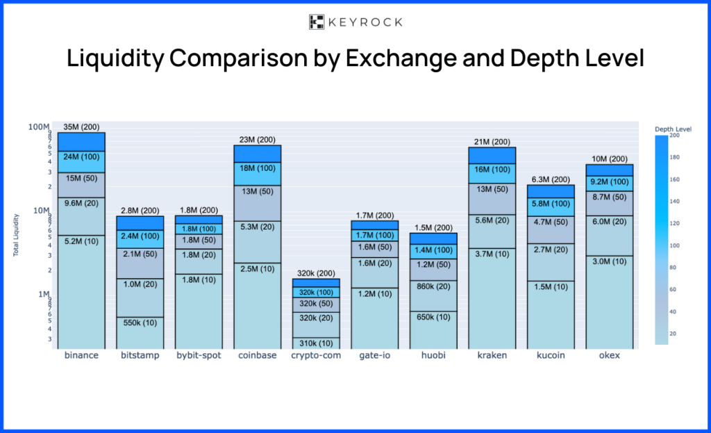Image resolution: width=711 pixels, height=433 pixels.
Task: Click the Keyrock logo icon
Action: [x=317, y=22]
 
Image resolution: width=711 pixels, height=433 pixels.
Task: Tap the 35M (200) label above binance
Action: [x=81, y=126]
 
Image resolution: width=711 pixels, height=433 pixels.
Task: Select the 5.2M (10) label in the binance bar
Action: [x=81, y=241]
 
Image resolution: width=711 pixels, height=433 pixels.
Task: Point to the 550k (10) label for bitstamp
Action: [x=140, y=323]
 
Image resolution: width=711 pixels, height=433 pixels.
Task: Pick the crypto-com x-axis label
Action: [x=315, y=356]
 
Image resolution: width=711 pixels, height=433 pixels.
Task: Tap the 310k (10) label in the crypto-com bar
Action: [x=315, y=343]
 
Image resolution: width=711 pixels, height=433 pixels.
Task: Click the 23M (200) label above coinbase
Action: [x=257, y=140]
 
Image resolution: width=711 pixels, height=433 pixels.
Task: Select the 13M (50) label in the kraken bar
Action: [x=492, y=189]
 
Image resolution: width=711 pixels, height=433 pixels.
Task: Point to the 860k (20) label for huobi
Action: [x=433, y=286]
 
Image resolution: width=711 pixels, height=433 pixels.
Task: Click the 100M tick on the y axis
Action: [x=40, y=127]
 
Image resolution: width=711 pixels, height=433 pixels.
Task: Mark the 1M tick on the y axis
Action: [x=42, y=294]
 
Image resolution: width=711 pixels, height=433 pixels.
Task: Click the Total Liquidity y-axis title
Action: [x=15, y=235]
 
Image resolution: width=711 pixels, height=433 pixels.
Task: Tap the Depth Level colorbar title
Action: [x=672, y=129]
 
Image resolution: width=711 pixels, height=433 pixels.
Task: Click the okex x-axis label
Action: [x=609, y=356]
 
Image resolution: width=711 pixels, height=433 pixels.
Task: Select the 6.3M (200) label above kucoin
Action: [x=551, y=180]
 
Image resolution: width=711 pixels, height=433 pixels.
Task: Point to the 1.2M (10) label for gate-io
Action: [x=374, y=294]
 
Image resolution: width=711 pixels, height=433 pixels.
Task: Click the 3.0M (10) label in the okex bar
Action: [x=609, y=261]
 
